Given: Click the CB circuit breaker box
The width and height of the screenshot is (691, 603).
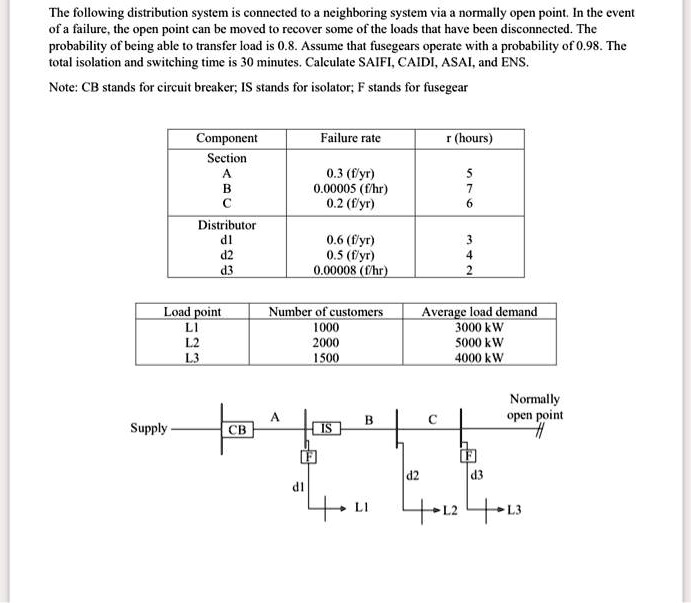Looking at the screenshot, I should pyautogui.click(x=237, y=430).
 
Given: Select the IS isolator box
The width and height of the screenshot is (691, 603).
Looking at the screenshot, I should pyautogui.click(x=327, y=429).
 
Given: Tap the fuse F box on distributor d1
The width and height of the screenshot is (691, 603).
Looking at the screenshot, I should pyautogui.click(x=297, y=457).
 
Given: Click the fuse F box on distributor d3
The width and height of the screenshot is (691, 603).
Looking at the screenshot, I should pyautogui.click(x=466, y=456).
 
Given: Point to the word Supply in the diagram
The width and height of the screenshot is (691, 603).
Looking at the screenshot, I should pyautogui.click(x=149, y=429).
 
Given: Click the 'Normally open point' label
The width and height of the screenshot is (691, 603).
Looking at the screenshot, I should pyautogui.click(x=534, y=407).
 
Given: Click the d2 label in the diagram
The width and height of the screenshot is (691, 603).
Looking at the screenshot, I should pyautogui.click(x=412, y=473).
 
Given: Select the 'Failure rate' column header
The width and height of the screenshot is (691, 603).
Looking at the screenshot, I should pyautogui.click(x=350, y=138).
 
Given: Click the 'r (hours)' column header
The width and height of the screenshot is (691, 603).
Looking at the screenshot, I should pyautogui.click(x=469, y=138).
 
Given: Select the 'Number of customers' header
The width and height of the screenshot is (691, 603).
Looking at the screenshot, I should pyautogui.click(x=326, y=312).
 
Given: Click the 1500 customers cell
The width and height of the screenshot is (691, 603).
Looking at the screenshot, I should pyautogui.click(x=326, y=357).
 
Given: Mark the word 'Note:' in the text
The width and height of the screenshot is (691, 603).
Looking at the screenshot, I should pyautogui.click(x=66, y=87).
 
